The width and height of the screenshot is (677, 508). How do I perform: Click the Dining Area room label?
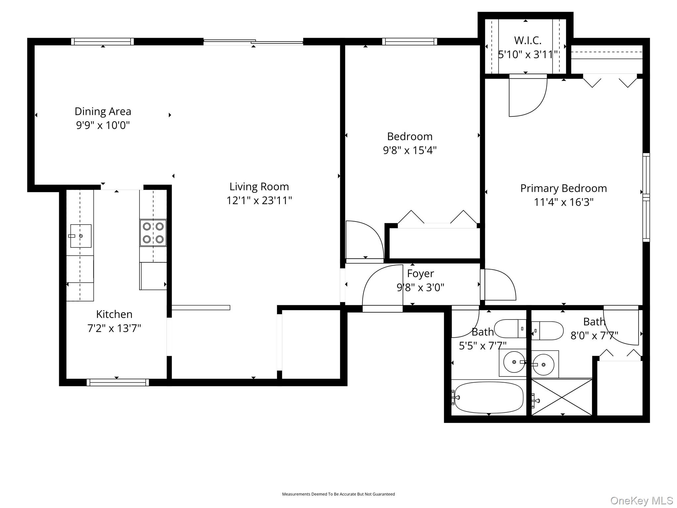(103, 111)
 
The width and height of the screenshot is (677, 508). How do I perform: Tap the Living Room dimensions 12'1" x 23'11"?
(259, 200)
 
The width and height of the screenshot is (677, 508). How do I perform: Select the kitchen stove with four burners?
(153, 233)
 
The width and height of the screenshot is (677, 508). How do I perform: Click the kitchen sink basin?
(81, 236)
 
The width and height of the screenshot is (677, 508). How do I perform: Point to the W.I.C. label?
(528, 40)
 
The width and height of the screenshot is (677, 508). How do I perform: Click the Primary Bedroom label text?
(564, 188)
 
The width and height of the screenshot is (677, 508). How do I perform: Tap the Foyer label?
(420, 274)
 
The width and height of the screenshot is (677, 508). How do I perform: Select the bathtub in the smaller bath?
(489, 397)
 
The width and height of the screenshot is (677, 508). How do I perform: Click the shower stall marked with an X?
(562, 397)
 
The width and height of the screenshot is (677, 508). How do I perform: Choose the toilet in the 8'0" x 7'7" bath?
(547, 330)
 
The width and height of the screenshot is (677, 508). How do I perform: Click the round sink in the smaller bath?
(514, 362)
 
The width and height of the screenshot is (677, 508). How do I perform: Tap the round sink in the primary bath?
(543, 364)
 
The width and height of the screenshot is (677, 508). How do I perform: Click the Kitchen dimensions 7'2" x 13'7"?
(114, 328)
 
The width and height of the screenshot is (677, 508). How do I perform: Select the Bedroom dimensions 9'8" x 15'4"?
(410, 150)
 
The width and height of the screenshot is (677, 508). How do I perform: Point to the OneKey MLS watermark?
(641, 500)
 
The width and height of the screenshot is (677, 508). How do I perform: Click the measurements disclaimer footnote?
(338, 494)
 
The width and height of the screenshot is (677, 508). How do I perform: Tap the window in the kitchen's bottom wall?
(118, 383)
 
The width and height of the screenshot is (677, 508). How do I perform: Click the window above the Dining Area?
(102, 42)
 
